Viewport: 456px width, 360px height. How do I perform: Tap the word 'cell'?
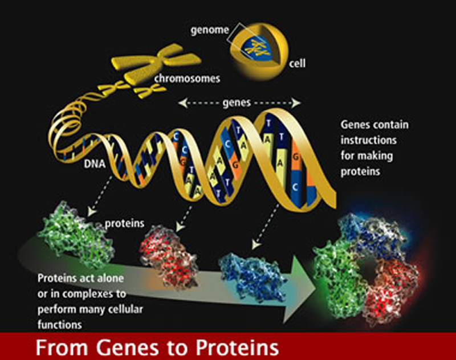[298, 63]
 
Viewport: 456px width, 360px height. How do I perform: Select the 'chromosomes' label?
[188, 78]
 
